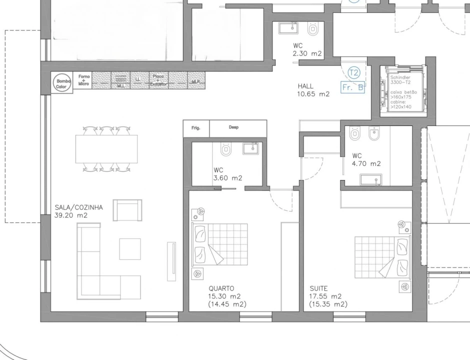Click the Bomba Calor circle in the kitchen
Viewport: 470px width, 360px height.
point(62,82)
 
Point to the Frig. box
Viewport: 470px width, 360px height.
point(196,127)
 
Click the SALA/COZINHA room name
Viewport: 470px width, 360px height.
point(79,207)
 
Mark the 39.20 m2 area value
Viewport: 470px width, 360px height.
point(71,216)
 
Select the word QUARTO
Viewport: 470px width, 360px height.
point(221,288)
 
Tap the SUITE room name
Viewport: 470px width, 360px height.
point(318,288)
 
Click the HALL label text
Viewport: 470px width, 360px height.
point(305,86)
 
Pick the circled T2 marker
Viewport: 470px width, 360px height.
point(354,72)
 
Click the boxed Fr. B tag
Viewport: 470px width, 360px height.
point(352,87)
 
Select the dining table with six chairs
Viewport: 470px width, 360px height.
point(106,149)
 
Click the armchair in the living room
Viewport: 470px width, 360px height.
point(127,210)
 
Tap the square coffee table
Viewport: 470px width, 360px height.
point(130,248)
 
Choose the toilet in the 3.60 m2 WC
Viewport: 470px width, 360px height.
point(225,148)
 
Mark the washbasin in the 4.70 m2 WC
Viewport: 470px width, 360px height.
point(371,179)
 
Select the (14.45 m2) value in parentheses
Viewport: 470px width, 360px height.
point(227,304)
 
